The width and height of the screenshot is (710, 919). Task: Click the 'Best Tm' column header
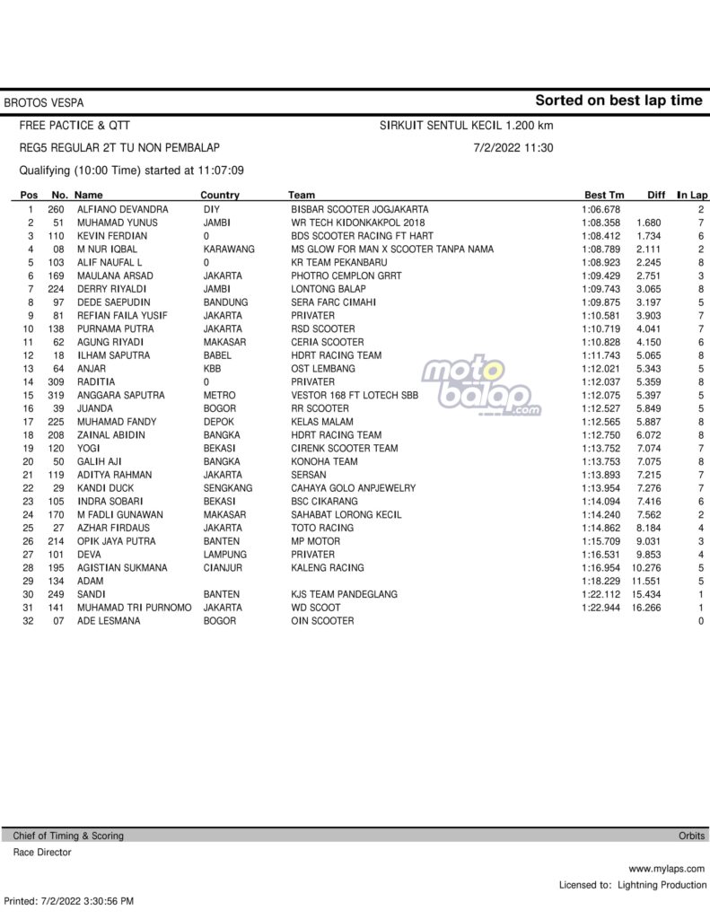[x=603, y=195]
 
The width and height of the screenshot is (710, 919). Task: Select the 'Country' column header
[x=220, y=195]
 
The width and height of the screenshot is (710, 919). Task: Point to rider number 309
[x=56, y=382]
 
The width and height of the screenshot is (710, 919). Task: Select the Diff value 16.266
[x=647, y=608]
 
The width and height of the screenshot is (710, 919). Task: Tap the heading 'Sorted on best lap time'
[x=619, y=101]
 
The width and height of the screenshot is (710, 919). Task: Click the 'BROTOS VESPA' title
[x=45, y=103]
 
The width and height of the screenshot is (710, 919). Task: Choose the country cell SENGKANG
[x=228, y=488]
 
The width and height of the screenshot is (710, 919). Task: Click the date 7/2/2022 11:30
[x=513, y=148]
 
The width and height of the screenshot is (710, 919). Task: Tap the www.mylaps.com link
[x=666, y=869]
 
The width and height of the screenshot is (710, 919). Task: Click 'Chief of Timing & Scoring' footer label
[x=68, y=836]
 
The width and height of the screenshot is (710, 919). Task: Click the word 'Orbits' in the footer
[x=691, y=836]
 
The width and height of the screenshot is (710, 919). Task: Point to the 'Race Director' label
[x=41, y=853]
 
